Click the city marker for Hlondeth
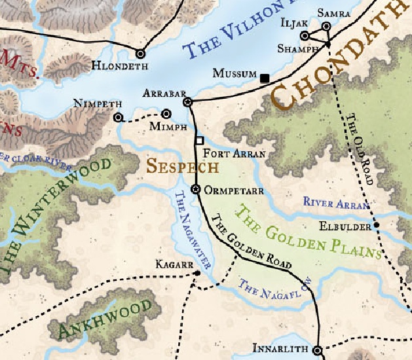(140, 54)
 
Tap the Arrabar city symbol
(188, 102)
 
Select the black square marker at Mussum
(265, 79)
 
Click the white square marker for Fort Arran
(200, 140)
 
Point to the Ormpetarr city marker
(195, 189)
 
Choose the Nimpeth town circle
(118, 118)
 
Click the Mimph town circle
(166, 113)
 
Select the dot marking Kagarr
(197, 273)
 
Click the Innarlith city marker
(317, 351)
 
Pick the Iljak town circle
(304, 36)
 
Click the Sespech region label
(183, 166)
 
